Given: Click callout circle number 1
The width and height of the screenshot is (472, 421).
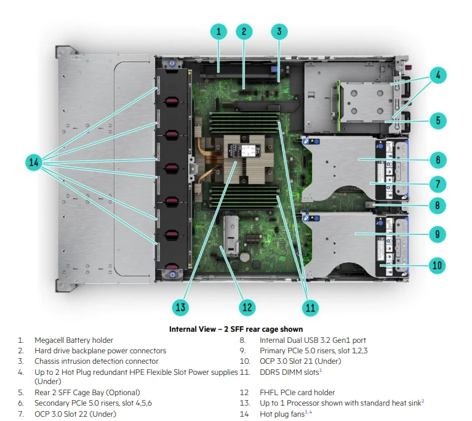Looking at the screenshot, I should (x=218, y=31).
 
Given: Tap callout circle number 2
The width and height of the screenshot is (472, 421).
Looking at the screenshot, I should (x=244, y=31).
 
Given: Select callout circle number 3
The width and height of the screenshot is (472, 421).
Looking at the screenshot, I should (x=279, y=31).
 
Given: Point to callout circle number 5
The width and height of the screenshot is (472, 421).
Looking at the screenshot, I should (x=438, y=119).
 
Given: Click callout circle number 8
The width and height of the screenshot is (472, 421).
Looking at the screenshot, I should (x=438, y=205).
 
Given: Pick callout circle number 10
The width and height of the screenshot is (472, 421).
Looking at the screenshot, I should (x=438, y=265).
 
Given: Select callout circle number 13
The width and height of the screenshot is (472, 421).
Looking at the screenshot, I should (x=180, y=307).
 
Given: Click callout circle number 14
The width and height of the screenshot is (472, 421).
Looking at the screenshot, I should (x=34, y=162).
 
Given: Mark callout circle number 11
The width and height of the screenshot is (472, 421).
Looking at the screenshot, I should (x=310, y=307).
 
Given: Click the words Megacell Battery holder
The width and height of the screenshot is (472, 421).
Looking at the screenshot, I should (x=74, y=340).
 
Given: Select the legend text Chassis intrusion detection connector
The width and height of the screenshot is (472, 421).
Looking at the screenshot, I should (x=96, y=361).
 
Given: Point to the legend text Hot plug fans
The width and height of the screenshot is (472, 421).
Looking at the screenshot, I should (x=282, y=414).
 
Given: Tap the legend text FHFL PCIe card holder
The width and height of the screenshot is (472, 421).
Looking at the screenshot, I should (x=297, y=392).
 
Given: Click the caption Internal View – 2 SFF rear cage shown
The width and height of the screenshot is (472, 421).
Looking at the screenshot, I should (x=236, y=329).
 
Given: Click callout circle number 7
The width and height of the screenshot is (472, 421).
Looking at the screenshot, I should (x=438, y=183).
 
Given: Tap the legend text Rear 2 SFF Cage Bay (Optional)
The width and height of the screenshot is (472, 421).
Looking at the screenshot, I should (x=87, y=392).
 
